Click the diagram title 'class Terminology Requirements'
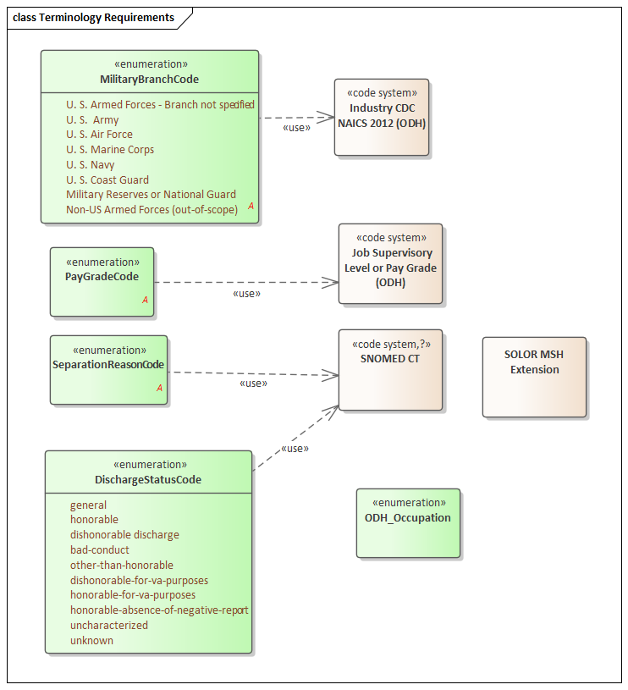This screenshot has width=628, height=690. (x=93, y=17)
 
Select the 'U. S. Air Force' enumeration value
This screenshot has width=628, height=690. (x=99, y=135)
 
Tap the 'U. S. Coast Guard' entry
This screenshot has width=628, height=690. (x=107, y=179)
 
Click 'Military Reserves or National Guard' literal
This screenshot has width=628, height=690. (x=151, y=195)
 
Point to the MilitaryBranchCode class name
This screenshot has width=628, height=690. (x=149, y=80)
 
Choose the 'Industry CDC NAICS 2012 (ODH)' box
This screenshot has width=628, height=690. (x=382, y=117)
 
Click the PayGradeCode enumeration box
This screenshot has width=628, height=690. (x=102, y=282)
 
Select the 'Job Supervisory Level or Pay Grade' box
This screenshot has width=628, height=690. (x=390, y=263)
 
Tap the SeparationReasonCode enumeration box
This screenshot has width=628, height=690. (x=108, y=370)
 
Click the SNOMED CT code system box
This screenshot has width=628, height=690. (x=390, y=370)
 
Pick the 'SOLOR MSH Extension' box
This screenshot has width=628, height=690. (x=534, y=377)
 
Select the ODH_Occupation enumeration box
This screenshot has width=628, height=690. (x=408, y=522)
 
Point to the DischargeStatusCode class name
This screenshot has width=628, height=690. (x=148, y=480)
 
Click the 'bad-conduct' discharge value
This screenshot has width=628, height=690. (x=100, y=550)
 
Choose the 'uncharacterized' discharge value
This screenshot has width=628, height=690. (x=109, y=626)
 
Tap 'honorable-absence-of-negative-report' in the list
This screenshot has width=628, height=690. (x=159, y=610)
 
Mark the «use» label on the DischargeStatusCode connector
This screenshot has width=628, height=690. (x=294, y=448)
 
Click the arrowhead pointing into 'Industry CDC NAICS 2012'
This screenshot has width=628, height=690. (x=328, y=117)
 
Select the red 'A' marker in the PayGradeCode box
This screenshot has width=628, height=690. (x=145, y=300)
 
